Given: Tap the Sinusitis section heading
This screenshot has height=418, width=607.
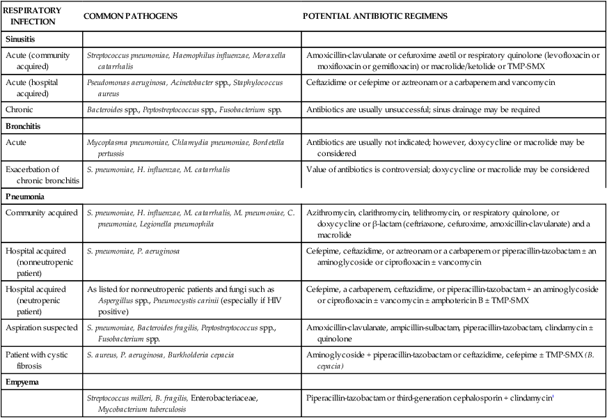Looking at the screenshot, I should coord(23,40).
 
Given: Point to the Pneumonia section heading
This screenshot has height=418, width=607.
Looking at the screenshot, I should coord(26,196).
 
